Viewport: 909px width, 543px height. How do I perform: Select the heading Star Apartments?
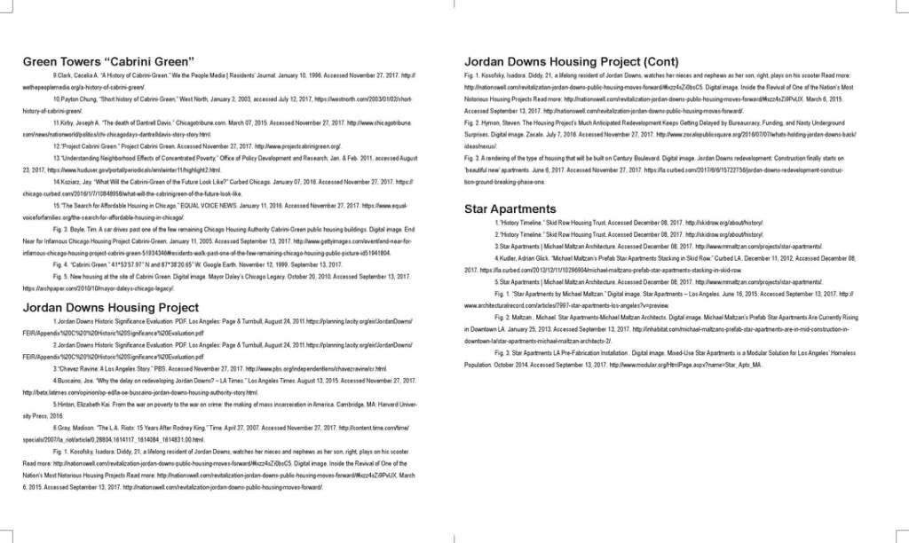pos(510,209)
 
